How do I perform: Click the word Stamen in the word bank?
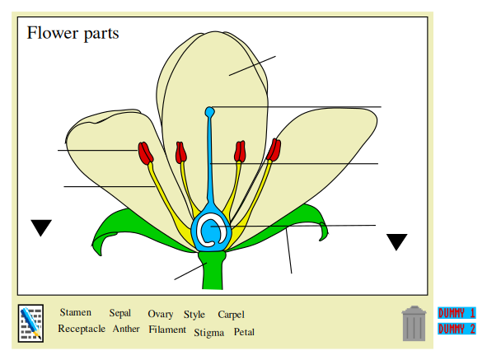(x=76, y=312)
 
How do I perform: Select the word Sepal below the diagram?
(x=119, y=313)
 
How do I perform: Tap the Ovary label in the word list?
(x=160, y=314)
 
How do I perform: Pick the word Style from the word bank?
(x=194, y=315)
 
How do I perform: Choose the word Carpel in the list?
(x=231, y=315)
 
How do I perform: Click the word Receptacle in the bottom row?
(x=82, y=329)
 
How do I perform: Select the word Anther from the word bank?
(x=126, y=329)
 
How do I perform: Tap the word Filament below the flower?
(x=167, y=330)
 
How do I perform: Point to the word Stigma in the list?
(x=208, y=333)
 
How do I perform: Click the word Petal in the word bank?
(x=244, y=332)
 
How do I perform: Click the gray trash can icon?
(x=414, y=324)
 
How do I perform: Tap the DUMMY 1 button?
(x=457, y=313)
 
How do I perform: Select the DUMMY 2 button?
(x=457, y=329)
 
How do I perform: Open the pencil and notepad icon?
(x=30, y=323)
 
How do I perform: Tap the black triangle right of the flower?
(x=396, y=241)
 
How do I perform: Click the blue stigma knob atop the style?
(x=210, y=111)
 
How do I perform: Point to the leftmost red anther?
(x=146, y=152)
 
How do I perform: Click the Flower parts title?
(x=73, y=33)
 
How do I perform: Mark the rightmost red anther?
(x=274, y=149)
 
